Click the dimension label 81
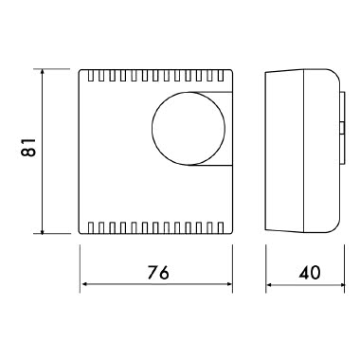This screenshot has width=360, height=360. pyautogui.click(x=28, y=147)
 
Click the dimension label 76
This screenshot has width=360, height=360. pyautogui.click(x=158, y=272)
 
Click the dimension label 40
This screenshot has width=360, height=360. pyautogui.click(x=310, y=272)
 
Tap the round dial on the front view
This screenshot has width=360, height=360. pyautogui.click(x=189, y=129)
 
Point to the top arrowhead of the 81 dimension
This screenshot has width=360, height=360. pyautogui.click(x=43, y=72)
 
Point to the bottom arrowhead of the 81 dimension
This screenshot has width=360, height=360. pyautogui.click(x=43, y=230)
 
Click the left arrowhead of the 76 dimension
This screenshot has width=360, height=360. pyautogui.click(x=84, y=284)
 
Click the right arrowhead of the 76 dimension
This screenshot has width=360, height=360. pyautogui.click(x=228, y=284)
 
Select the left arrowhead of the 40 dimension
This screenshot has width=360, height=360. pyautogui.click(x=270, y=284)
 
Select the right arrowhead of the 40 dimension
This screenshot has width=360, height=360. pyautogui.click(x=340, y=284)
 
